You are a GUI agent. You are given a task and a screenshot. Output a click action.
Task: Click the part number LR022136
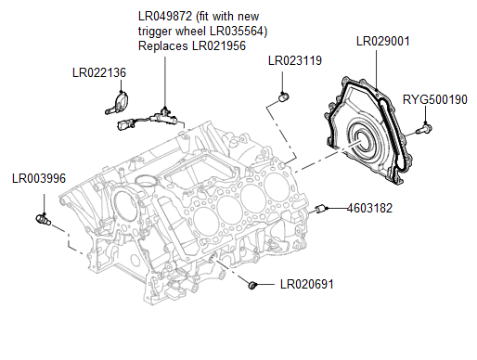click(99, 72)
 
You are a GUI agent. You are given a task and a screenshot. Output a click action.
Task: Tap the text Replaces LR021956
click(191, 45)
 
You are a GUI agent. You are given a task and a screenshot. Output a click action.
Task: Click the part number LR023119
click(294, 60)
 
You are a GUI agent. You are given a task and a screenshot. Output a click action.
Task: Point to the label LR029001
click(383, 42)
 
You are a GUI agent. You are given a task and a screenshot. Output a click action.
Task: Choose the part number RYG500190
click(436, 99)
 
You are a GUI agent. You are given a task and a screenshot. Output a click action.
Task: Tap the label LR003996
click(38, 178)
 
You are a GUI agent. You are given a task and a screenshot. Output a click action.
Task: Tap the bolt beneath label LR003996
click(42, 220)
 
